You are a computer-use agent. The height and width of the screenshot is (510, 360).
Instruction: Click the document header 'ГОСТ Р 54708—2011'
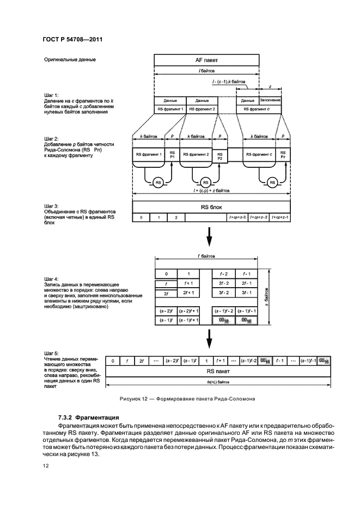[x=72, y=39]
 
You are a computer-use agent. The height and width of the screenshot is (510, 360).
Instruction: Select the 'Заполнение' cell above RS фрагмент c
[x=270, y=101]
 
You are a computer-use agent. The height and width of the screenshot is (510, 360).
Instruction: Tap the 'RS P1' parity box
[x=173, y=155]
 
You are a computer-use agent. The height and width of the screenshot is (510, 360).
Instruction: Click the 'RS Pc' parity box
[x=283, y=155]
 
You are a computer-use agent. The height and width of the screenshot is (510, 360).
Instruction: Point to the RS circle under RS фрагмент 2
[x=205, y=182]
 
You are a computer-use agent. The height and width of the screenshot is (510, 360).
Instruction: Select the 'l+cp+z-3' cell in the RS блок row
[x=237, y=217]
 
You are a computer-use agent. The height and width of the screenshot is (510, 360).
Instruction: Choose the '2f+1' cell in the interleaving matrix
[x=188, y=294]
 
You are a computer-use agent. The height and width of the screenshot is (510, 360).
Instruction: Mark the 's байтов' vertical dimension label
[x=267, y=296]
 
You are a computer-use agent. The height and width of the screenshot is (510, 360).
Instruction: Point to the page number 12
[x=45, y=466]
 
